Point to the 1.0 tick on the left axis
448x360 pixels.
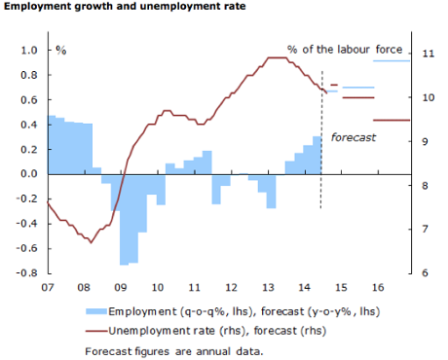pos(28,51)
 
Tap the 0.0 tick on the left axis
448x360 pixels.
pos(28,174)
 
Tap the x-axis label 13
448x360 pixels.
pos(267,287)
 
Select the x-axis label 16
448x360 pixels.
pos(377,287)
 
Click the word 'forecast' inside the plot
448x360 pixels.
pos(353,137)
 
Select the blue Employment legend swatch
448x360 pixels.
pos(95,310)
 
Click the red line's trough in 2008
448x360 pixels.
pos(91,241)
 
